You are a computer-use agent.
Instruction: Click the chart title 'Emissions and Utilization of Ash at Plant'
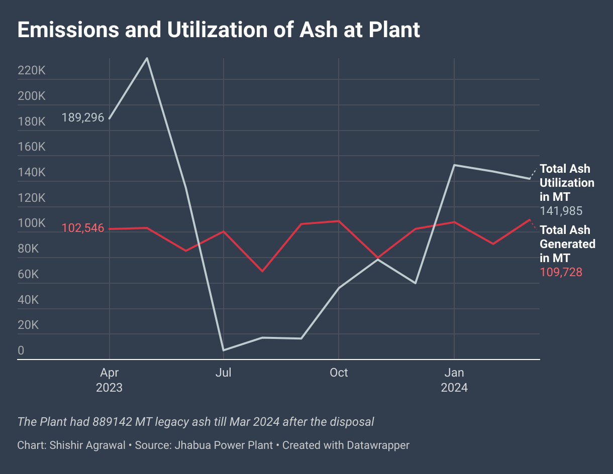point(219,30)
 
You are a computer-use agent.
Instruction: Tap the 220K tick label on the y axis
point(31,71)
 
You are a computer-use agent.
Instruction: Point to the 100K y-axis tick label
point(31,223)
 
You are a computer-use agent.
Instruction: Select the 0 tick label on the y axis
point(21,351)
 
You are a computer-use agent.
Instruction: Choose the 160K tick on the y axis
point(31,147)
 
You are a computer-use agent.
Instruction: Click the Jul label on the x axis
point(223,373)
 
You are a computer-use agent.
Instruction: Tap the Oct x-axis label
point(339,373)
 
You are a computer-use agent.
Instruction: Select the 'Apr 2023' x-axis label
point(110,380)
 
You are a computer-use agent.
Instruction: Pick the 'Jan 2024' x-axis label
point(454,380)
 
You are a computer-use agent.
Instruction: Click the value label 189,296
point(83,118)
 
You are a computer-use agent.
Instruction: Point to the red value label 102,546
point(83,228)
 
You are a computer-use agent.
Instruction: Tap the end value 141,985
point(561,211)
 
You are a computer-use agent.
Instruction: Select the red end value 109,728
point(561,272)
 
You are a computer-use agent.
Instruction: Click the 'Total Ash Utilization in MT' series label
point(567,183)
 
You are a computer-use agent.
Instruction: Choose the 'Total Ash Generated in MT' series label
point(567,244)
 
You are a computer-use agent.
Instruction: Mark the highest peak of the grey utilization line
point(147,58)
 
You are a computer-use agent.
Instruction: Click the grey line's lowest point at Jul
point(223,350)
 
